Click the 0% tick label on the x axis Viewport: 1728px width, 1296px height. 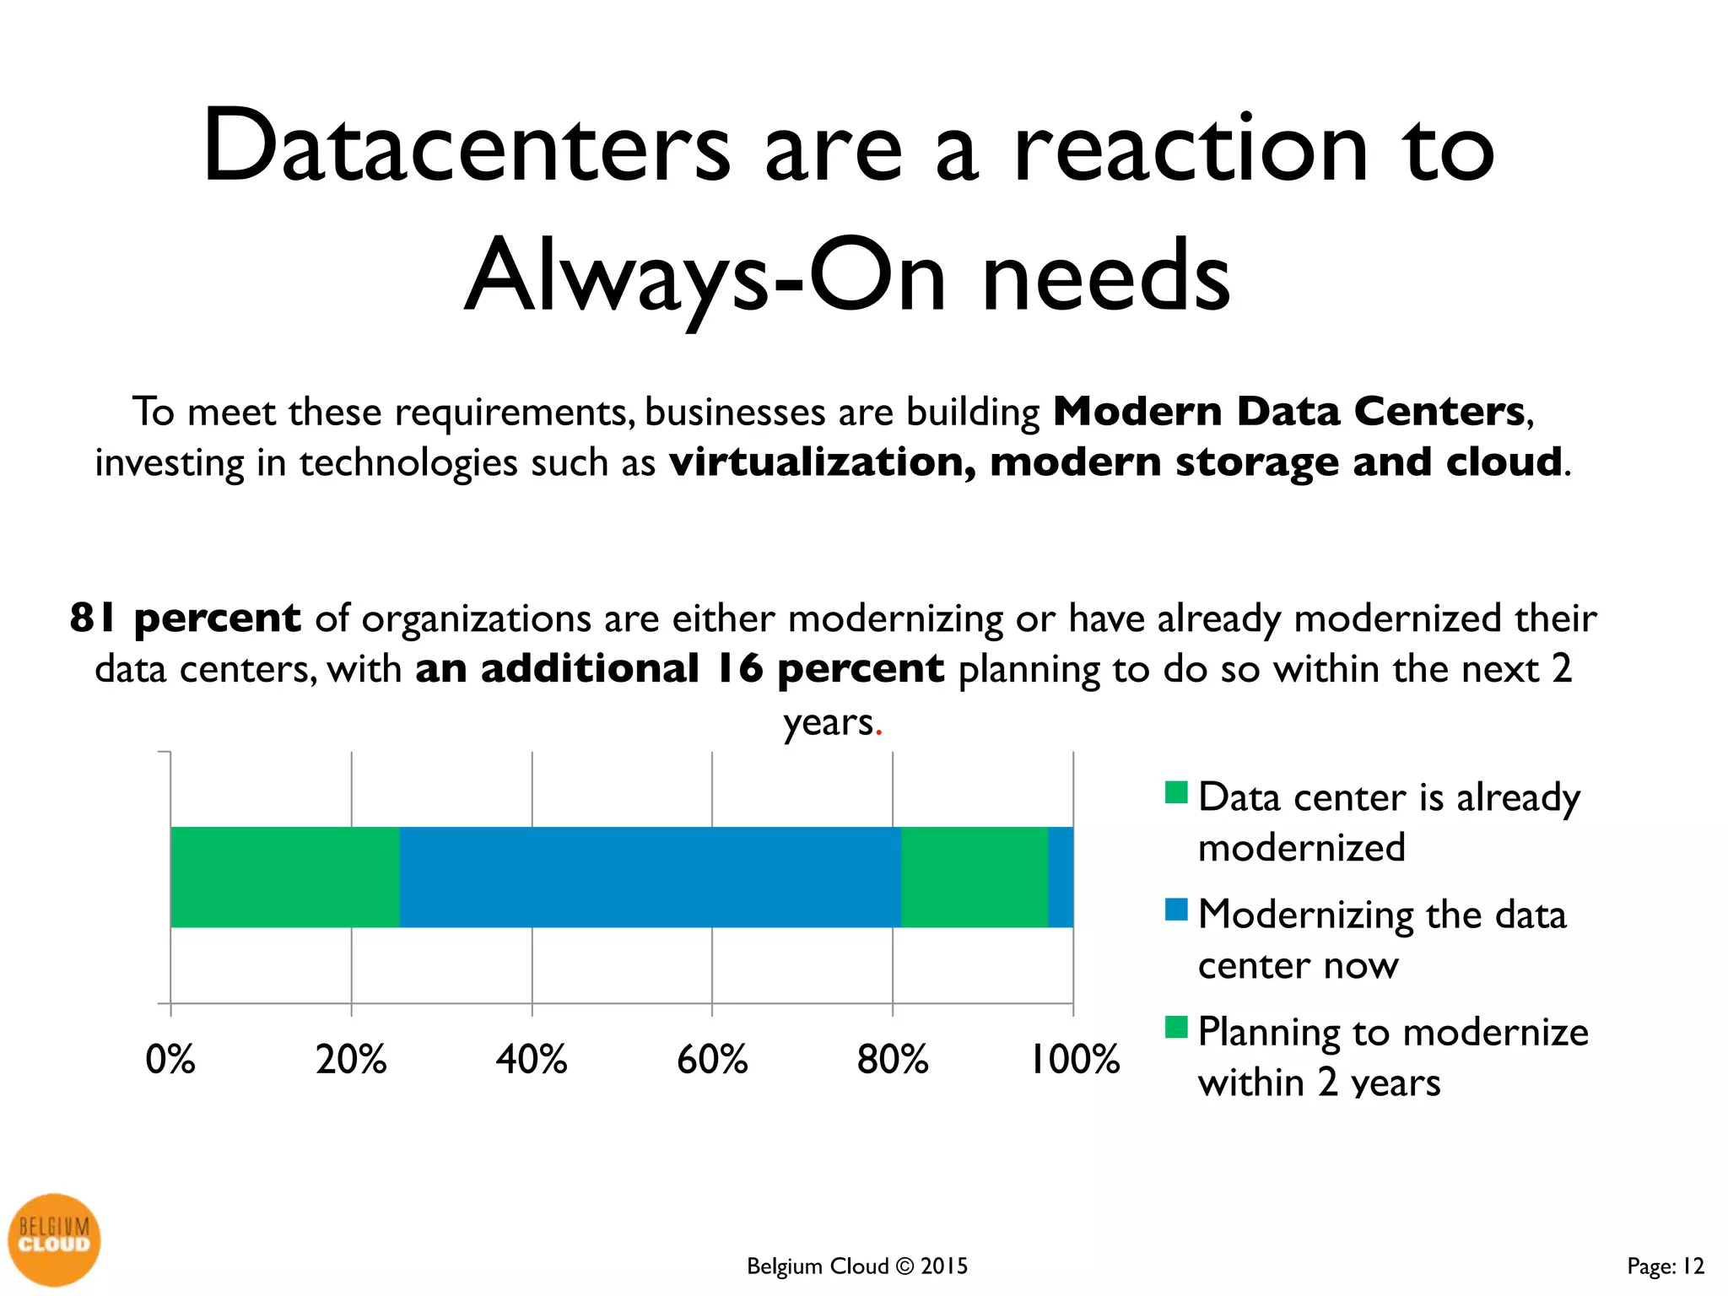point(170,1060)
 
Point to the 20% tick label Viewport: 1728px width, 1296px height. point(351,1060)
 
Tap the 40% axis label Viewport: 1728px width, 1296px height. point(532,1060)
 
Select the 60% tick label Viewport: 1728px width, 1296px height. point(712,1060)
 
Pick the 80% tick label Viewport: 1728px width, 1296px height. point(893,1060)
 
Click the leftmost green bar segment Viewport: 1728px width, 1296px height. point(285,877)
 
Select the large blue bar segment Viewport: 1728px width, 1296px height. point(650,877)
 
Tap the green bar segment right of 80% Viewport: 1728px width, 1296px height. point(975,877)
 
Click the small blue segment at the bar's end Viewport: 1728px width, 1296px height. point(1061,877)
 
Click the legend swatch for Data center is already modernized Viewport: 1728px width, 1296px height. point(1176,793)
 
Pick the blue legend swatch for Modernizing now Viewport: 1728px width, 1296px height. point(1176,910)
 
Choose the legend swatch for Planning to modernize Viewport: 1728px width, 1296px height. point(1176,1027)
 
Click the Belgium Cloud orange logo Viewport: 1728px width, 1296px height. point(54,1239)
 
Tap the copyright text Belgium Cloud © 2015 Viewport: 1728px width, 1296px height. point(857,1266)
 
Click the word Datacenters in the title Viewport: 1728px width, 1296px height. point(466,148)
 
